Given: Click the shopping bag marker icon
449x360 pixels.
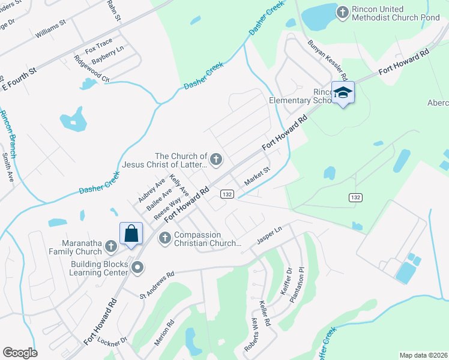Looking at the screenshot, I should pos(131,233).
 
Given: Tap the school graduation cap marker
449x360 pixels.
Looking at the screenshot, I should pos(343,93).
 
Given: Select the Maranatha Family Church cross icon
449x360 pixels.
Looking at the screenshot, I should pos(110,245).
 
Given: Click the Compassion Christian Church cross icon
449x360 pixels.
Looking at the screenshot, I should pos(164,238).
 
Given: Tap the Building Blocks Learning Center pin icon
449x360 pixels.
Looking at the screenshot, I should pos(137,268).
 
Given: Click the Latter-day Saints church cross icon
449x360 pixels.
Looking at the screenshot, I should pos(216,159).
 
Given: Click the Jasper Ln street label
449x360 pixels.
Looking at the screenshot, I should pos(270,233).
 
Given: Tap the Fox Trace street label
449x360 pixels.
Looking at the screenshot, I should pos(98,45).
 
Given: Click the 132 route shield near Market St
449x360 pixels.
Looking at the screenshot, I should pos(226,194).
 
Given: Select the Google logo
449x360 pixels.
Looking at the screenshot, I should pos(20,353).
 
